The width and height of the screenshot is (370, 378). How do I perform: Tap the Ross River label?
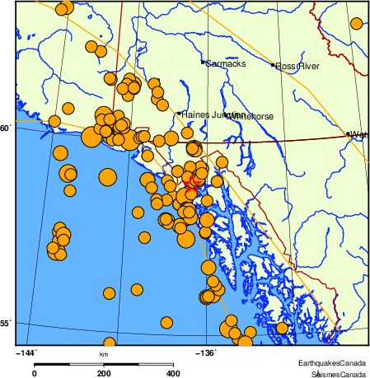pos(297,66)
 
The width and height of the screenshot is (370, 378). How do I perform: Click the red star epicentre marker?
pos(193,183)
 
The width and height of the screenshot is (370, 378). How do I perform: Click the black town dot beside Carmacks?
pos(203,62)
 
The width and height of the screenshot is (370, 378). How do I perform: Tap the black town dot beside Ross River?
pos(274,64)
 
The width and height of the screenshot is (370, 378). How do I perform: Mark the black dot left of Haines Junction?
pos(179,114)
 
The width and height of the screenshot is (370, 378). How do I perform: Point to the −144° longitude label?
pos(27,352)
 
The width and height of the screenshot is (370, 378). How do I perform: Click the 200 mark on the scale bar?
pos(105,373)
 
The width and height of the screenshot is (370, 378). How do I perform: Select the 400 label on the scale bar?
pos(174,373)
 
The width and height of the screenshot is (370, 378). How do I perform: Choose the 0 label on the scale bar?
pos(35,373)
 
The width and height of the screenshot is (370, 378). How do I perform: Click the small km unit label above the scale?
pos(105,355)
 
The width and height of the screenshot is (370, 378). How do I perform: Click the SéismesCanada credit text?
pos(339,373)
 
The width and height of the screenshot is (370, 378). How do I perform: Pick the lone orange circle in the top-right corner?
pos(356,23)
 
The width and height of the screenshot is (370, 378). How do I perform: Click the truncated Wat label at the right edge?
pos(358,134)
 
